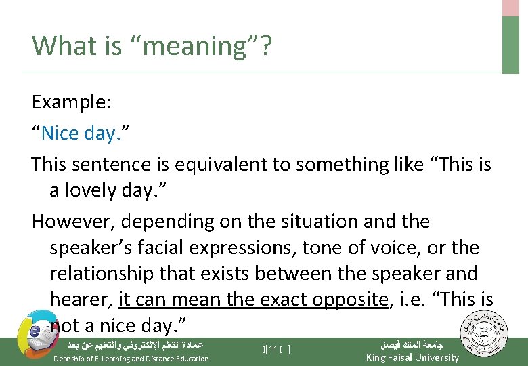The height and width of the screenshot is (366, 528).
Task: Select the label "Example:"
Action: tap(72, 102)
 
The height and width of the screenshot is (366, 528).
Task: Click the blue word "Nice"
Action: tap(60, 133)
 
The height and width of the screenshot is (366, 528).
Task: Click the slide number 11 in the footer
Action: tap(274, 349)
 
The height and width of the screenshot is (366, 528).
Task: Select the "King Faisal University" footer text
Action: tap(412, 357)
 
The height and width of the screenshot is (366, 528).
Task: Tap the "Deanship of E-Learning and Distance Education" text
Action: tap(131, 358)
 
